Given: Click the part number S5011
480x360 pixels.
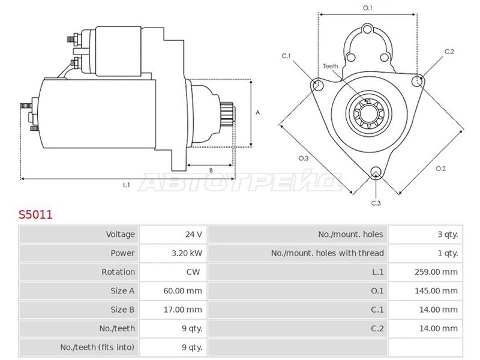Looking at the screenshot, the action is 35,215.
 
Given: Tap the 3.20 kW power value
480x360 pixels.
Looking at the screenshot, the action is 187,253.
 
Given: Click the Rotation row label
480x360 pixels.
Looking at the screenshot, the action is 118,272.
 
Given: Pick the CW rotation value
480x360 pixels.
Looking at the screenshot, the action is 193,272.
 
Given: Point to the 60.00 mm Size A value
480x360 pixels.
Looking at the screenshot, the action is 183,291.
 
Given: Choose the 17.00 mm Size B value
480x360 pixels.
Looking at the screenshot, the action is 183,310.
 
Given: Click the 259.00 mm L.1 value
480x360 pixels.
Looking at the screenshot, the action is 436,272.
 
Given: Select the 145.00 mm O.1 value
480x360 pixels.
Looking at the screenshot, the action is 436,291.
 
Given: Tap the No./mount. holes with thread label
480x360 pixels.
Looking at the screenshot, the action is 327,253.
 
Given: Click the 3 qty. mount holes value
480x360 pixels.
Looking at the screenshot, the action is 448,235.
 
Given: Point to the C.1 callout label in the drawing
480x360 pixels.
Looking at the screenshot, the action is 286,56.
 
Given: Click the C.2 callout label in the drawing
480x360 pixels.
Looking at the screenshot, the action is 449,52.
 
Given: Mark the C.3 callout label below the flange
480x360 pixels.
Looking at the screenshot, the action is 376,203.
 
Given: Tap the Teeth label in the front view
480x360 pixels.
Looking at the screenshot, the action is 331,66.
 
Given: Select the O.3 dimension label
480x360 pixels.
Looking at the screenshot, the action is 304,158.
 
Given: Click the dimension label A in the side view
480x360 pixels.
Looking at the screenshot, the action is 258,113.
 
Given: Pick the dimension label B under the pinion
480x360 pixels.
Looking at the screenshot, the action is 211,170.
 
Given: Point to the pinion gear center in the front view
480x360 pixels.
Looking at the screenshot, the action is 369,113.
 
